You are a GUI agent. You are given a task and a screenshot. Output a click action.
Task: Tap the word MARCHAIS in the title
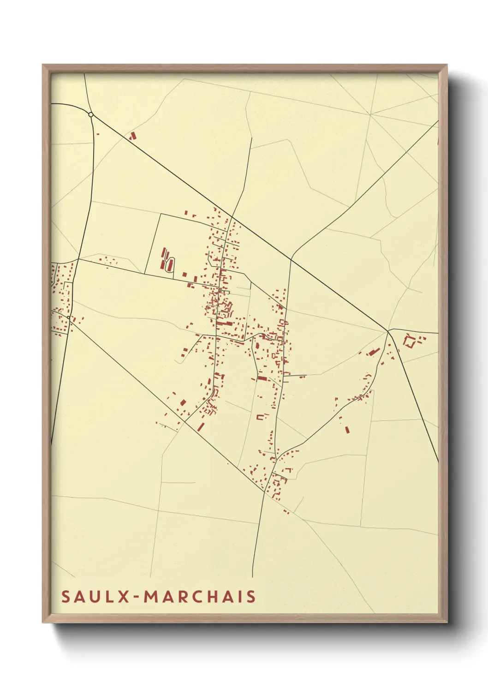tap(200, 596)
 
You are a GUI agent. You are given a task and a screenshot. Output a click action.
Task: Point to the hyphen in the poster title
tap(137, 597)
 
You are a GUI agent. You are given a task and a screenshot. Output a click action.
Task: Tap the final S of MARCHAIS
tap(251, 596)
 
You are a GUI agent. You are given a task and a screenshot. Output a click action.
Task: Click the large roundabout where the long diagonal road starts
tap(91, 114)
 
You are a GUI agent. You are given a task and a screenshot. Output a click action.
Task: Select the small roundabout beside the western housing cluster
tap(68, 318)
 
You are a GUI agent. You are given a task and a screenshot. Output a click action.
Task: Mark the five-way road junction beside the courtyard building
tap(388, 330)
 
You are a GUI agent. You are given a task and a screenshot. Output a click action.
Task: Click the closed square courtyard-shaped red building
tap(409, 341)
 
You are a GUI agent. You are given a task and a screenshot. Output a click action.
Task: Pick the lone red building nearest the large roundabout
tap(133, 136)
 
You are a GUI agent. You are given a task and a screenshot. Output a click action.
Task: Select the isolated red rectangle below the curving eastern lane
tap(347, 430)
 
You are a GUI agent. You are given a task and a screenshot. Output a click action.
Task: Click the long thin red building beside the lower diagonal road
tap(201, 426)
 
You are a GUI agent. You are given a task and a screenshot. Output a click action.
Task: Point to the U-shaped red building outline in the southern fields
tap(262, 417)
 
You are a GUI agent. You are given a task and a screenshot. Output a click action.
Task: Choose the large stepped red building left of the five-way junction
tap(373, 352)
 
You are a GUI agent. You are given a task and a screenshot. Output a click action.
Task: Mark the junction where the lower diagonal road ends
tap(265, 492)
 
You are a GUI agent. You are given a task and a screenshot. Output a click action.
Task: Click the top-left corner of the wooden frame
tap(43, 65)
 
